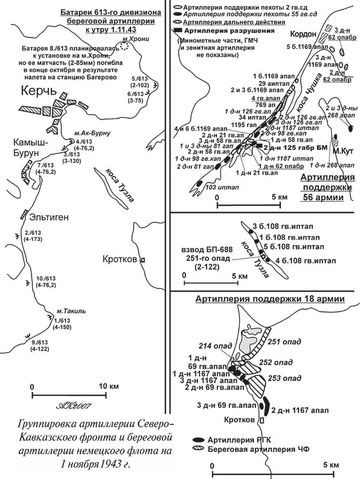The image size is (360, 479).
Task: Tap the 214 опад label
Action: click(209, 346)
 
